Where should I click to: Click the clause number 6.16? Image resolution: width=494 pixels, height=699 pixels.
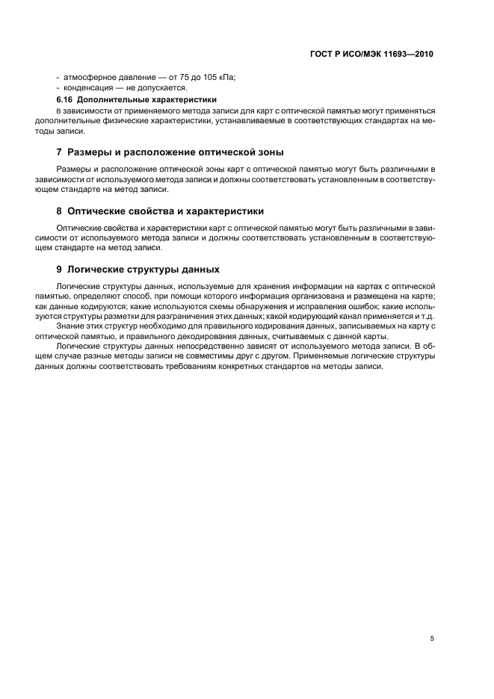coord(65,99)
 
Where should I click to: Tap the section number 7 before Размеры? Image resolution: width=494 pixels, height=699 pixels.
coord(59,153)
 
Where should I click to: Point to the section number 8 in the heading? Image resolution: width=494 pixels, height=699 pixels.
coord(59,211)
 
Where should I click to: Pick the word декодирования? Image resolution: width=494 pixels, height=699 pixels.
coord(206,337)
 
